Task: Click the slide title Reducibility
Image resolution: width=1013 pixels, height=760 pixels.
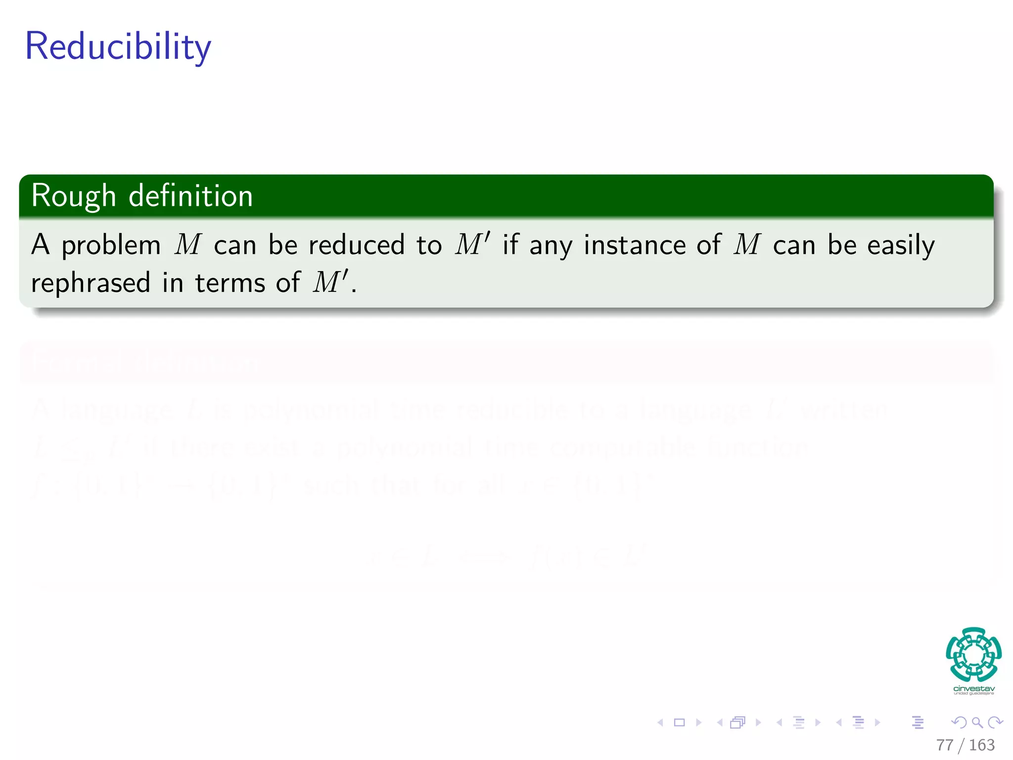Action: (x=118, y=47)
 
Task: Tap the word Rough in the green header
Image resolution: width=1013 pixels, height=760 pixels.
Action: (x=73, y=196)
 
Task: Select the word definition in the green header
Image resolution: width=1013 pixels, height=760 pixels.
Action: (x=191, y=196)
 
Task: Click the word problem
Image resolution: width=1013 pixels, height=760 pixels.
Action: (x=111, y=246)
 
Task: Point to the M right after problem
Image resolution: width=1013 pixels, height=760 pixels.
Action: (x=188, y=245)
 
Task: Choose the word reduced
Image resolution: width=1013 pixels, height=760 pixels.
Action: (x=357, y=245)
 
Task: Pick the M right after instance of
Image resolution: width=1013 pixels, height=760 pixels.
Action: (x=747, y=245)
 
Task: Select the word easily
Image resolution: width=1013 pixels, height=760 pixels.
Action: (x=901, y=246)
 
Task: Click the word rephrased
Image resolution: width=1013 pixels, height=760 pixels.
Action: (x=91, y=284)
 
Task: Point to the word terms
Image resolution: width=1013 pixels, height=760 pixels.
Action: (x=230, y=284)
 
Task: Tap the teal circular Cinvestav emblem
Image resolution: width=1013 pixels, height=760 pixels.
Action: (x=973, y=654)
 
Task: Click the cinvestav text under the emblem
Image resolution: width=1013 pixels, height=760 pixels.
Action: (x=973, y=689)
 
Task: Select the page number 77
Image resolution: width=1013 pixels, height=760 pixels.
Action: (x=944, y=745)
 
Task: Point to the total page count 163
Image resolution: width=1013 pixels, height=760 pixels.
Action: (x=981, y=745)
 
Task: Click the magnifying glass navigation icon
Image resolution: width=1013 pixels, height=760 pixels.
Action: (x=977, y=723)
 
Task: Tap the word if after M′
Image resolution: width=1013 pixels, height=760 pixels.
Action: (x=510, y=245)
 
